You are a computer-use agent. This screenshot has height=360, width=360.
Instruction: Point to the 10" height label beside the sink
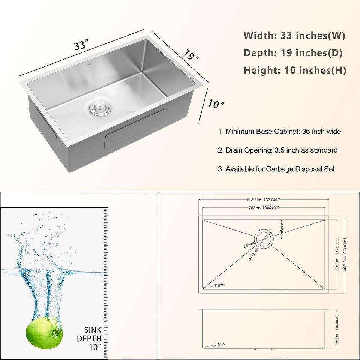click(x=215, y=105)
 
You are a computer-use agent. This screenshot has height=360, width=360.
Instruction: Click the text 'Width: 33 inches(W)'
click(x=294, y=36)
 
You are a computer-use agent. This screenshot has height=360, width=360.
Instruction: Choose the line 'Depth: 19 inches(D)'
click(x=293, y=53)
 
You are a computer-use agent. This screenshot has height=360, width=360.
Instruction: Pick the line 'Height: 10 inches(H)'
click(x=295, y=70)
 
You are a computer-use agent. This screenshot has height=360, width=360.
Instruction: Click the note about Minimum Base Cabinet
click(x=279, y=132)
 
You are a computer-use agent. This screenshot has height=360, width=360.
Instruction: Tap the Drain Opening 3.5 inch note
click(x=277, y=150)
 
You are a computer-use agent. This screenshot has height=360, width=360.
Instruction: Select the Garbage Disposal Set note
click(x=276, y=169)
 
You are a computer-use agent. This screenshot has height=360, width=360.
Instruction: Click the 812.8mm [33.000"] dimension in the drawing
click(x=264, y=200)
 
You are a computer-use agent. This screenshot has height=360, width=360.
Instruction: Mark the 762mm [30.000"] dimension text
click(x=264, y=208)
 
